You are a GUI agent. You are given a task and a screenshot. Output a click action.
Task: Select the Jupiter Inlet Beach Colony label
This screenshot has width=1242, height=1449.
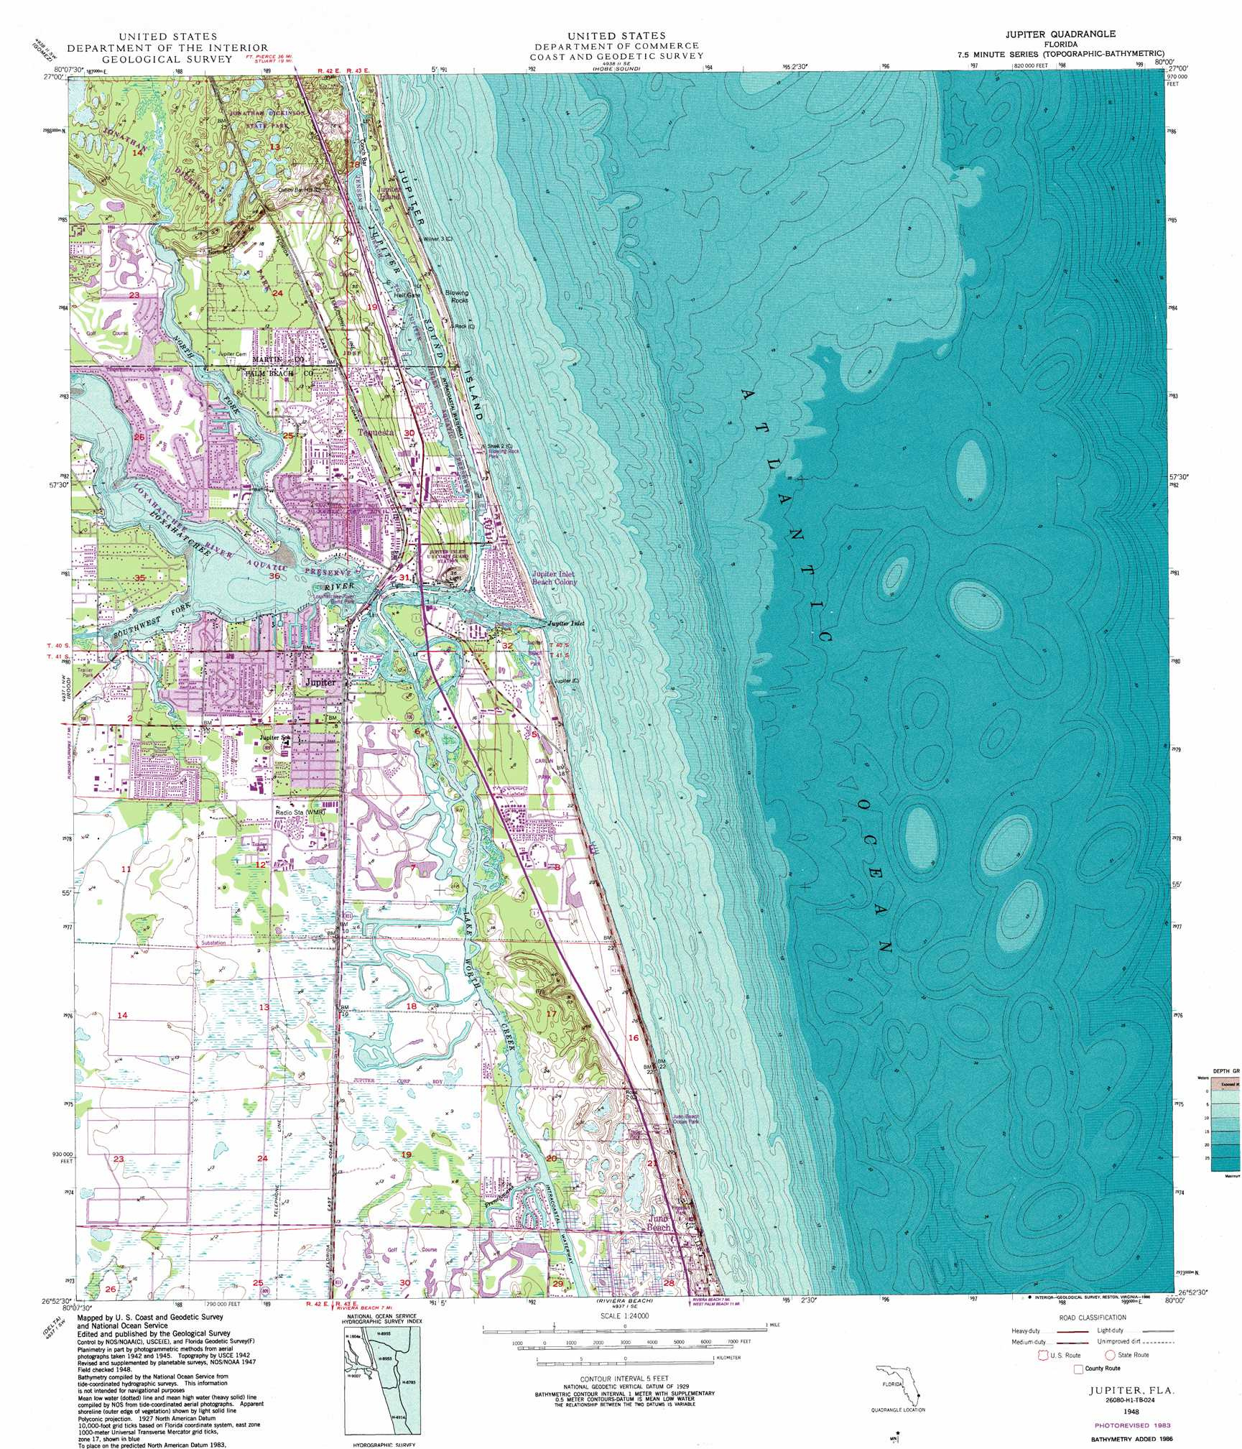tap(554, 578)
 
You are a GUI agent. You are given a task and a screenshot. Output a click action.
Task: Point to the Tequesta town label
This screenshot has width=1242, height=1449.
tap(375, 432)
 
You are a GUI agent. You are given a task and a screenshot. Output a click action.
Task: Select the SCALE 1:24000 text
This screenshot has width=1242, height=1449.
tap(625, 1315)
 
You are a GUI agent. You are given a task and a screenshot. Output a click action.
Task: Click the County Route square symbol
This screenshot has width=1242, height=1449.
tap(1078, 1369)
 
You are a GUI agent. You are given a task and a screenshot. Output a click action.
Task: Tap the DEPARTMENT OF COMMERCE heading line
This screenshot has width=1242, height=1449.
tap(616, 46)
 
